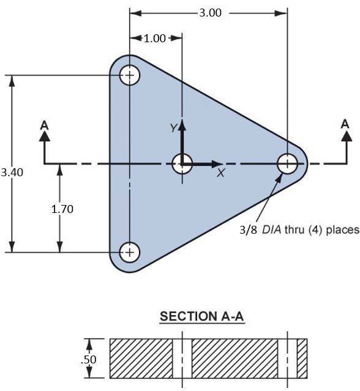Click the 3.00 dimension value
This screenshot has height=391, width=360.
coord(210,12)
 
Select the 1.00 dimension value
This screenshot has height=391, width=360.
coord(154,39)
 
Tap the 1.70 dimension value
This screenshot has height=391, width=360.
coord(62,209)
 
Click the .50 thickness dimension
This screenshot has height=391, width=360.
coord(90,360)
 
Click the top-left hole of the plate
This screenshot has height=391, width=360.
coord(129,76)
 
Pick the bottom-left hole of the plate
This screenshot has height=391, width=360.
coord(129,251)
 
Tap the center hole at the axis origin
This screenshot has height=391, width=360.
coord(182,163)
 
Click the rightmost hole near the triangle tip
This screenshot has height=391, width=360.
coord(287,163)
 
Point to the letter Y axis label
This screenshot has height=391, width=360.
coord(173,128)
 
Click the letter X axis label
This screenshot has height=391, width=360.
coord(220,174)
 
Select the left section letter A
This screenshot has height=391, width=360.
coord(44,124)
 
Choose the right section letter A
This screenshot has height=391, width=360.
coord(345,124)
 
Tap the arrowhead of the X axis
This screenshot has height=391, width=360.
coord(220,163)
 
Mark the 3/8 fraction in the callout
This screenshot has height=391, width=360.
coord(249,231)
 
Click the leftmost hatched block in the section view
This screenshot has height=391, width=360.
coord(141,358)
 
